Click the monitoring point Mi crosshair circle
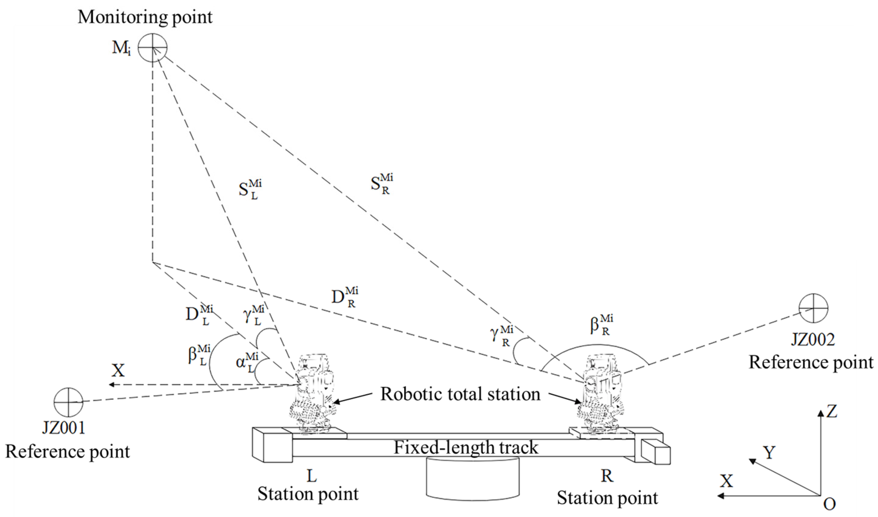pyautogui.click(x=152, y=48)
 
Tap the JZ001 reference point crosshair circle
pyautogui.click(x=68, y=402)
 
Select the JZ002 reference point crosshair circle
pyautogui.click(x=814, y=308)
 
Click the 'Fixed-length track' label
pyautogui.click(x=466, y=447)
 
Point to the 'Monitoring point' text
pyautogui.click(x=145, y=17)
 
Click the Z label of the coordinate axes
pyautogui.click(x=832, y=412)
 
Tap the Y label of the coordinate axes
pyautogui.click(x=769, y=453)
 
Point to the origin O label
pyautogui.click(x=829, y=504)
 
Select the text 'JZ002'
pyautogui.click(x=813, y=340)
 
